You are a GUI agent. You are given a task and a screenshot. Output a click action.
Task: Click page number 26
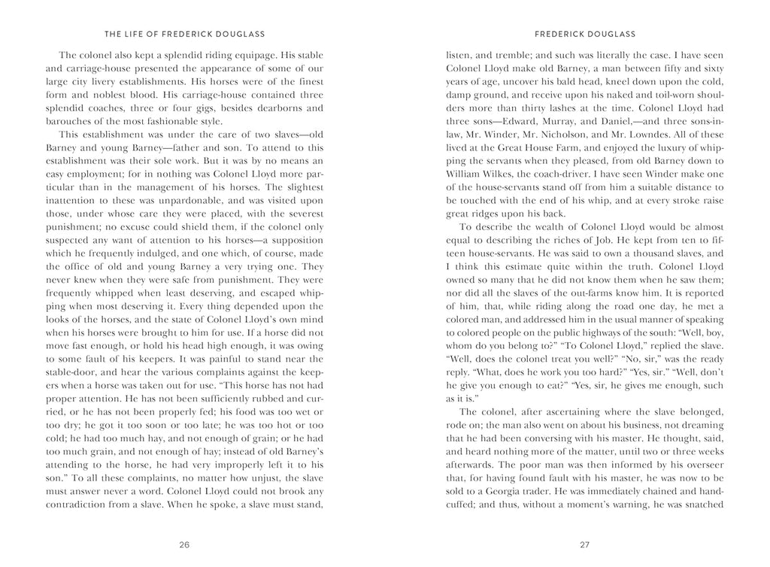pos(184,545)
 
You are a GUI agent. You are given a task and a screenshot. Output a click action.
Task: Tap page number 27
pos(584,545)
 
